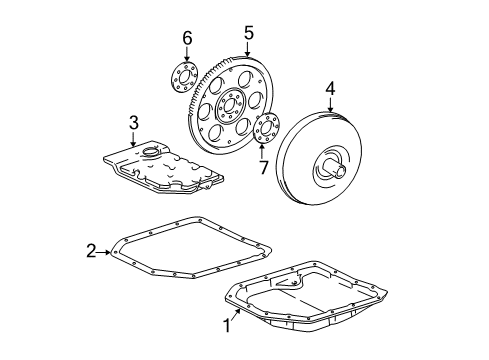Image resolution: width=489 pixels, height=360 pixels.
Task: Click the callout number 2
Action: click(90, 251)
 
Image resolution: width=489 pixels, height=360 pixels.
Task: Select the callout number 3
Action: click(133, 122)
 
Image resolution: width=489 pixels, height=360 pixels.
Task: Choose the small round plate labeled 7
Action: click(266, 130)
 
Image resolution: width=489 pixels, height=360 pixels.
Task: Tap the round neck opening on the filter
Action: click(154, 151)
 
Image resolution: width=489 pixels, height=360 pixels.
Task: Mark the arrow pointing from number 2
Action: click(108, 251)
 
